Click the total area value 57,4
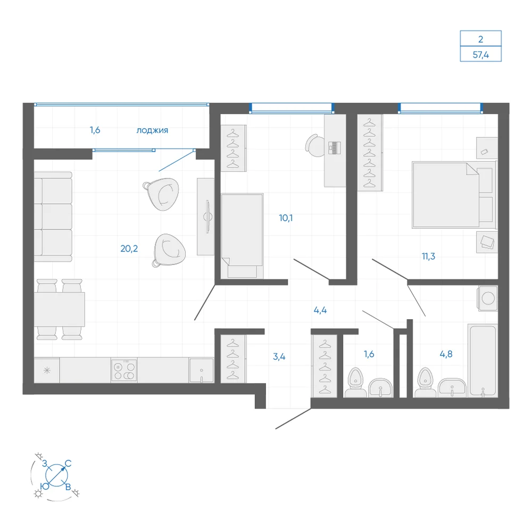coord(480,55)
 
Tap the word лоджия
coord(152,130)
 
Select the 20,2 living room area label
coord(129,248)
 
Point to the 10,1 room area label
coord(286,218)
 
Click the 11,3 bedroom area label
coord(428,256)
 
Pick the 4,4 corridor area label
coord(320,310)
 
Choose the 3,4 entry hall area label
coord(279,356)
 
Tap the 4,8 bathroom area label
coord(446,354)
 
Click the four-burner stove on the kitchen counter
coord(124,370)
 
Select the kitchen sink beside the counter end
coord(202,370)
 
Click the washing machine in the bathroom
coord(487,298)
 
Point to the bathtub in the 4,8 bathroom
coord(483,361)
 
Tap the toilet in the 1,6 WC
coord(355,382)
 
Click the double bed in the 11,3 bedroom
coord(454,195)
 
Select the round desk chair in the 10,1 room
coord(315,146)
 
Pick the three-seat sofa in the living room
coord(53,217)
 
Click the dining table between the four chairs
coord(60,309)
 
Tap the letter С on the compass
coord(68,463)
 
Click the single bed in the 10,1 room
coord(242,236)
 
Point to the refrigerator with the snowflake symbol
coord(47,370)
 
